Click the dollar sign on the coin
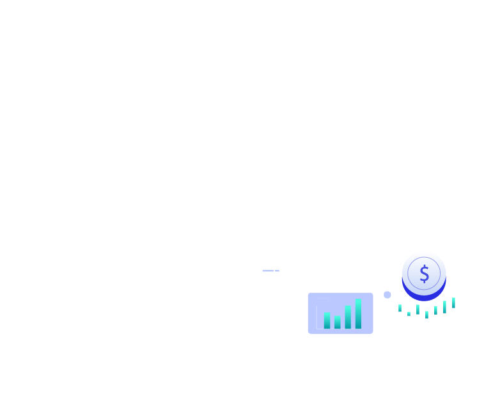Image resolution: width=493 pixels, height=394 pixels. pos(424,274)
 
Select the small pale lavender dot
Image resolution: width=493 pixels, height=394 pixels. pos(387,295)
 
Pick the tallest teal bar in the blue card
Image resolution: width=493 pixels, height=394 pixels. pos(358,313)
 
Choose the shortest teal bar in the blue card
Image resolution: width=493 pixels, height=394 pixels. pos(338,322)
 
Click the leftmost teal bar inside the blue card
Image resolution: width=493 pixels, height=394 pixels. pos(327,320)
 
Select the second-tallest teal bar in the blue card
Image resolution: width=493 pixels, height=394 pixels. pos(348,317)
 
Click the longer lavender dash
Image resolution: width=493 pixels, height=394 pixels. pos(268,271)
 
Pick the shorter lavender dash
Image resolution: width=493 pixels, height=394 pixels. pos(277,271)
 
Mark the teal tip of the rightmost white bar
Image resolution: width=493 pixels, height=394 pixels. pos(453,303)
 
